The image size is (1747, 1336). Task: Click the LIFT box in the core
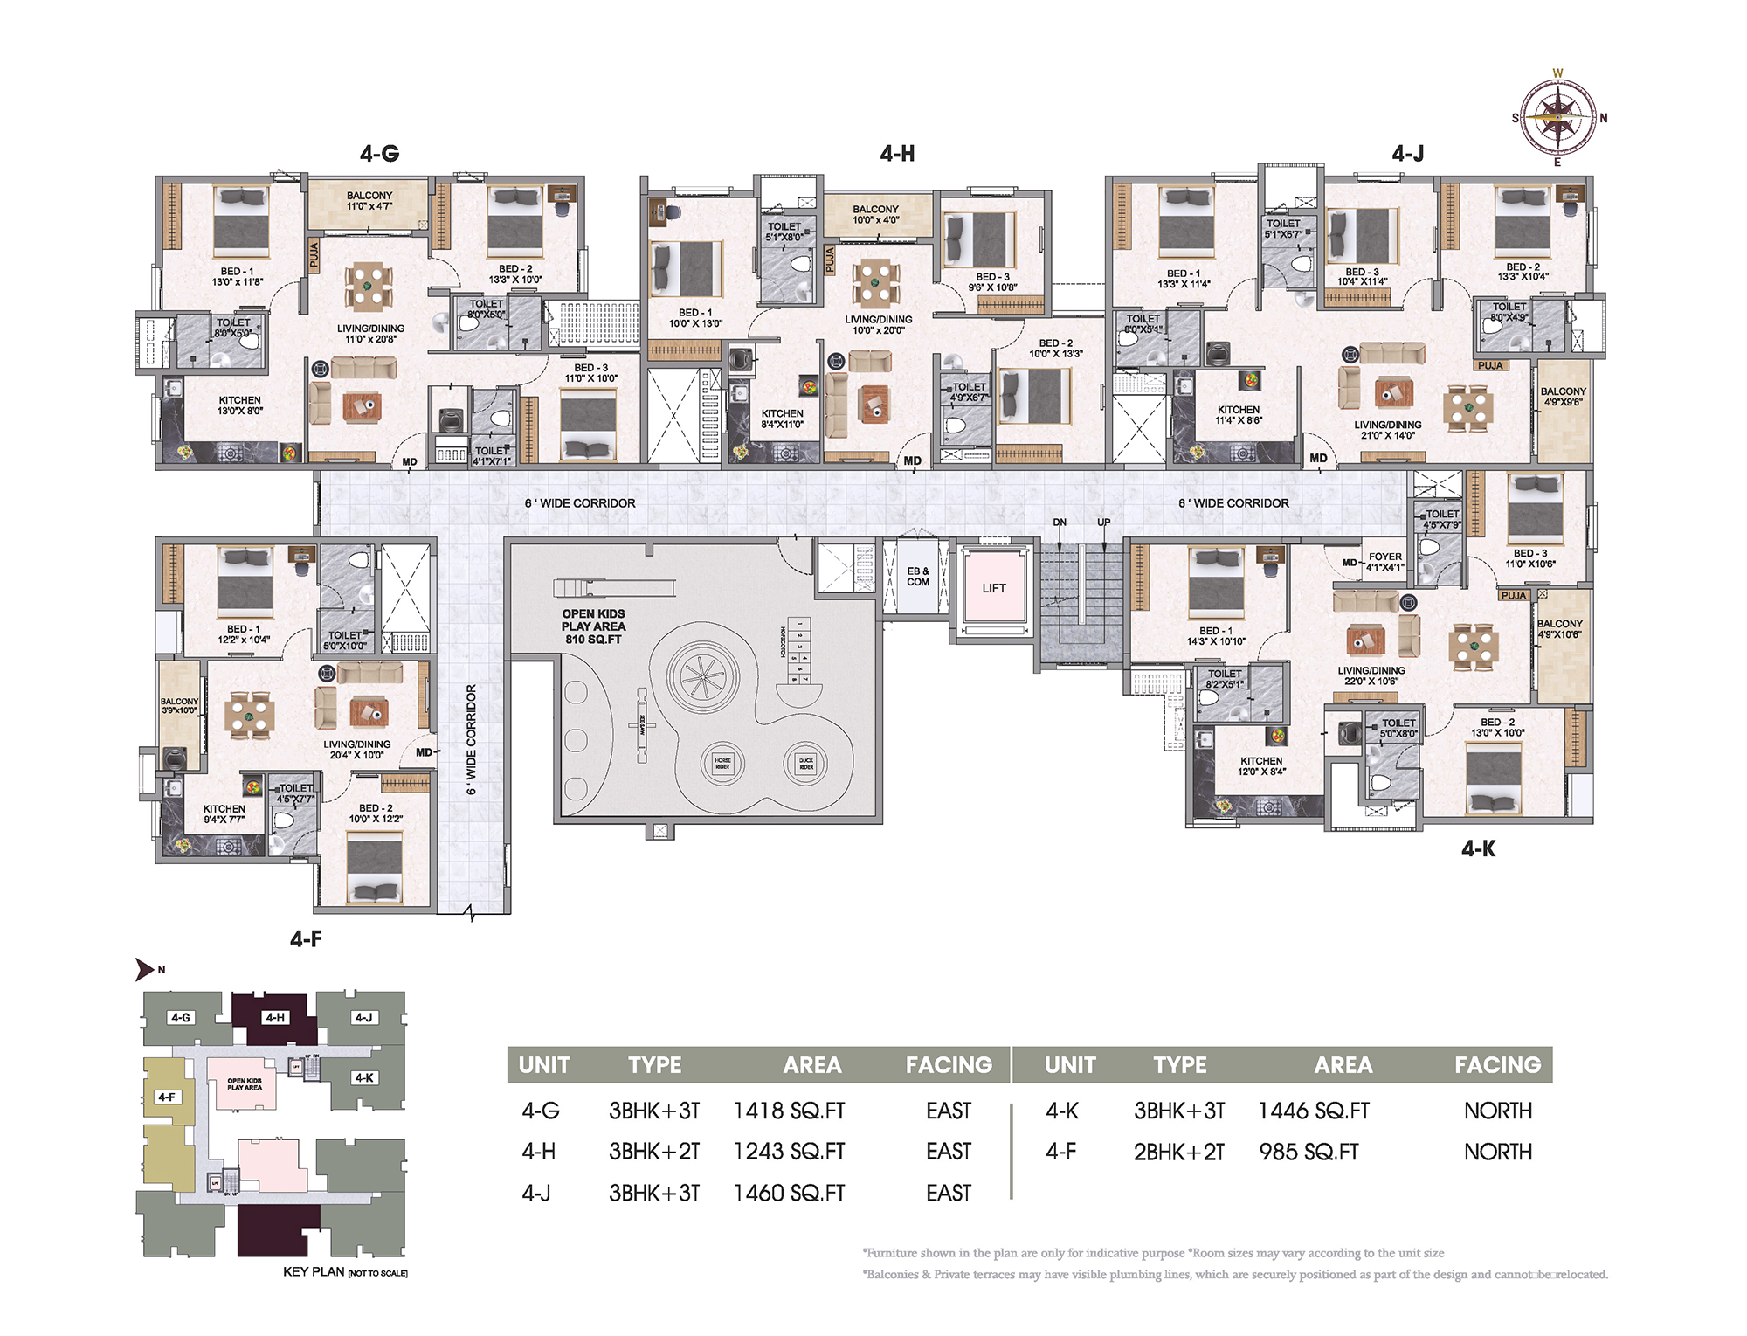coord(994,588)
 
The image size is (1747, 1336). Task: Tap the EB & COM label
coord(917,577)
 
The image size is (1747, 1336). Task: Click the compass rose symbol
coord(1557,116)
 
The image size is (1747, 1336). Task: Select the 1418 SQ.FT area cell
coord(789,1111)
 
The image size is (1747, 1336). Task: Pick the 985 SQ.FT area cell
coord(1309,1152)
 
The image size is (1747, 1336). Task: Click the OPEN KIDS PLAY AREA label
coord(593,626)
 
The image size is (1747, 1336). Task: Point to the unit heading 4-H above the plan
coord(897,154)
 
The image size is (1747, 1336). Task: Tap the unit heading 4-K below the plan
coord(1478,848)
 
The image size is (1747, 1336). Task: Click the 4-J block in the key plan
coord(363,1017)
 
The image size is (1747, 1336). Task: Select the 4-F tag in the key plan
coord(167,1097)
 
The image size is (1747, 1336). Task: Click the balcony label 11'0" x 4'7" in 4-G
coord(369,201)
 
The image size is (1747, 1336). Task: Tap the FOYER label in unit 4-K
coord(1384,557)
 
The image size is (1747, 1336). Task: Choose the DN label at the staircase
coord(1060,523)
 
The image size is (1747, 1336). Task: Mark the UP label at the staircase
coord(1104,523)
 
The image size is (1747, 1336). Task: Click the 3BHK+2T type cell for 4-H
coord(654,1152)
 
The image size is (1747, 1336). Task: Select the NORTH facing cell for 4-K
coord(1497,1111)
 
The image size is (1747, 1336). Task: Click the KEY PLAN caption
coord(314,1271)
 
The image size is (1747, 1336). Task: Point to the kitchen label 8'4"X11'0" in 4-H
coord(782,419)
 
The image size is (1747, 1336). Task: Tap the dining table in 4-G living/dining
coord(369,287)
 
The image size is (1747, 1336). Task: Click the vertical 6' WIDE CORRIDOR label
coord(472,739)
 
